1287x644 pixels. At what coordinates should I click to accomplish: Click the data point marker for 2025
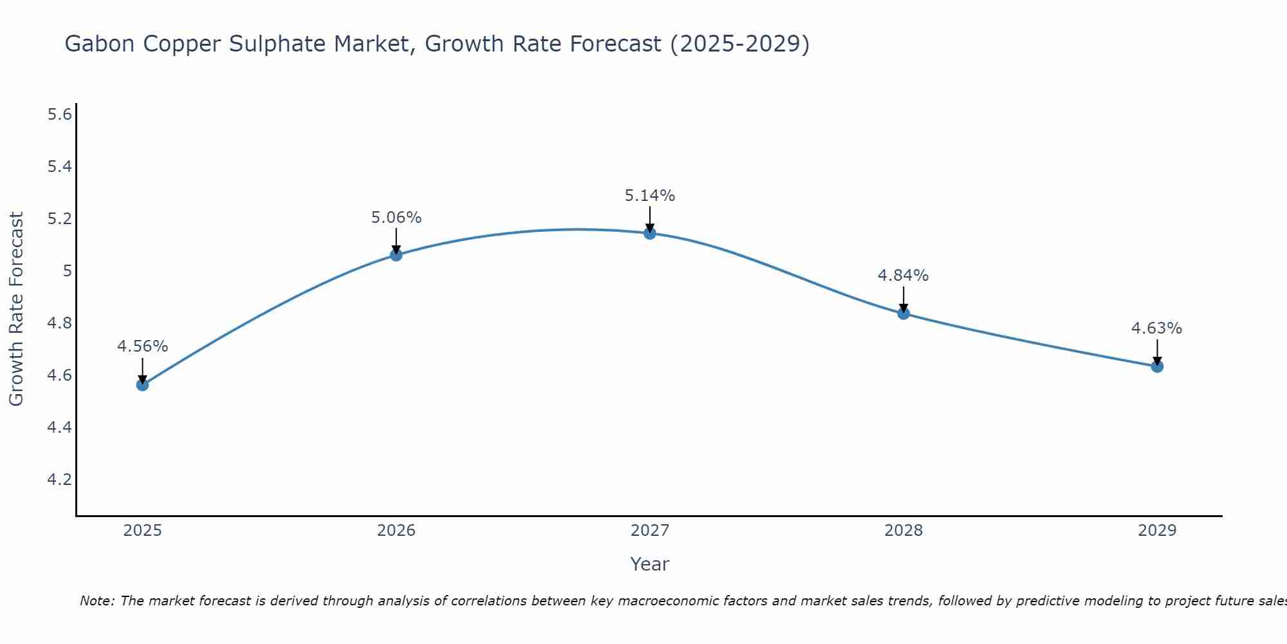pyautogui.click(x=142, y=385)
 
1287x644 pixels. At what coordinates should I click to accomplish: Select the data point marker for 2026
pyautogui.click(x=396, y=255)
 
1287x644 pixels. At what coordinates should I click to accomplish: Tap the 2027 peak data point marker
pyautogui.click(x=650, y=233)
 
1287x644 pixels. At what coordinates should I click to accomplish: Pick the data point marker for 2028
pyautogui.click(x=903, y=314)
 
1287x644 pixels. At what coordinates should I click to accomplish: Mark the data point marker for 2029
pyautogui.click(x=1157, y=366)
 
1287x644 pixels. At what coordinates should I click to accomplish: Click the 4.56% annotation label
pyautogui.click(x=142, y=346)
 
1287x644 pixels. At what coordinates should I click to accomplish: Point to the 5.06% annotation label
pyautogui.click(x=396, y=218)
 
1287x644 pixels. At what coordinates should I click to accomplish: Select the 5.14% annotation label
pyautogui.click(x=650, y=196)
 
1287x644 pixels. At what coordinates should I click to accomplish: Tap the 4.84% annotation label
pyautogui.click(x=903, y=276)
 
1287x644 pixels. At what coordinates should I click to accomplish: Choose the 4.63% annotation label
pyautogui.click(x=1157, y=328)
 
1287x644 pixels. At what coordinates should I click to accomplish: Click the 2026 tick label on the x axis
pyautogui.click(x=396, y=531)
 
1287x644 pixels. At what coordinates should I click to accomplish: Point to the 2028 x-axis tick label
pyautogui.click(x=903, y=531)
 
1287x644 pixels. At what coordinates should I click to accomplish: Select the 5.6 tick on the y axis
pyautogui.click(x=59, y=115)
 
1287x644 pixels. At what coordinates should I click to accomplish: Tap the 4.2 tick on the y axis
pyautogui.click(x=59, y=480)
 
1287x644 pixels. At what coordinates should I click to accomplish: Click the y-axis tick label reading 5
pyautogui.click(x=67, y=271)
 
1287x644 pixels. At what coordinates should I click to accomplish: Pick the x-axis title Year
pyautogui.click(x=650, y=564)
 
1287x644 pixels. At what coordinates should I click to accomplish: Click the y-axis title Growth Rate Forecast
pyautogui.click(x=17, y=309)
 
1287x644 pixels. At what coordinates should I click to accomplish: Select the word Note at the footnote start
pyautogui.click(x=97, y=601)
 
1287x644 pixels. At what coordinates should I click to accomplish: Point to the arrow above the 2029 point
pyautogui.click(x=1157, y=352)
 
